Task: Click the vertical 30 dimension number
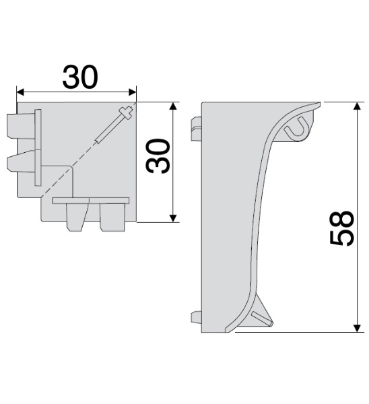tap(158, 158)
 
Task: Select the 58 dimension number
tap(343, 228)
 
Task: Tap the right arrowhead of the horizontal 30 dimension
tap(133, 92)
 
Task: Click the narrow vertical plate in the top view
tap(38, 149)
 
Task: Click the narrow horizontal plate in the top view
tap(92, 201)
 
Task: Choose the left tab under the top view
tap(75, 215)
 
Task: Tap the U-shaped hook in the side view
tap(298, 127)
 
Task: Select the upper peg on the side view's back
tap(196, 129)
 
